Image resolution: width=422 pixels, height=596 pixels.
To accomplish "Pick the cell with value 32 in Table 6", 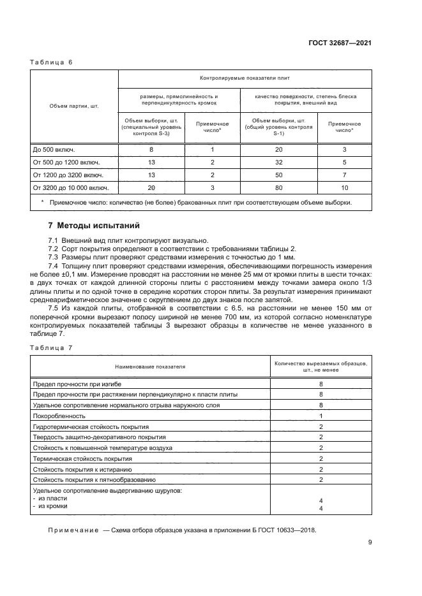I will pyautogui.click(x=278, y=162).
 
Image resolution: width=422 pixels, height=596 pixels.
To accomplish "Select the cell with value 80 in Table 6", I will pyautogui.click(x=278, y=187).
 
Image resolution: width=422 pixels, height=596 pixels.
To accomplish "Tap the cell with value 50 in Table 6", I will pyautogui.click(x=278, y=175).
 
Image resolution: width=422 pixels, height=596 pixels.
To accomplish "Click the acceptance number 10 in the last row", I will pyautogui.click(x=344, y=187).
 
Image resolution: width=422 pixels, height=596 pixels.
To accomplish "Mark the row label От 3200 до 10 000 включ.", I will pyautogui.click(x=71, y=187).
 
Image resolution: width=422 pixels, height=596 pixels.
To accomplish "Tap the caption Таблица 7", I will pyautogui.click(x=52, y=347).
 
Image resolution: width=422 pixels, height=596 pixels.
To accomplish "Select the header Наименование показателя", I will pyautogui.click(x=150, y=367).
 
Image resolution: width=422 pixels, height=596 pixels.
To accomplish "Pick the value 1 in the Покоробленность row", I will pyautogui.click(x=321, y=415).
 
